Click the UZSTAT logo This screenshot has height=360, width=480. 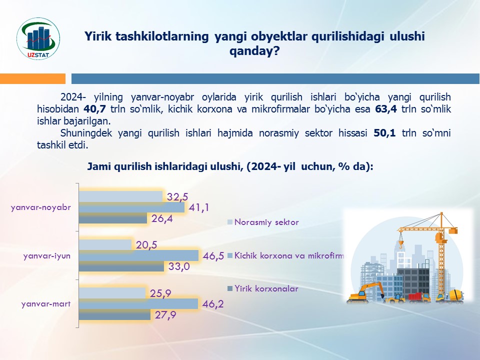click(x=38, y=38)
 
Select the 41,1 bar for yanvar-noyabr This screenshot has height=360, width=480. click(x=131, y=207)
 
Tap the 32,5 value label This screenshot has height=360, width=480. click(x=177, y=197)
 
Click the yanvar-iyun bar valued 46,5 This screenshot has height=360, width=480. click(x=138, y=255)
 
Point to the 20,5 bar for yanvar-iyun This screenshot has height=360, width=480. click(x=105, y=245)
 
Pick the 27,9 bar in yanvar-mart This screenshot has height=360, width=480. click(x=114, y=314)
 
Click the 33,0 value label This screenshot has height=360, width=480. click(x=179, y=266)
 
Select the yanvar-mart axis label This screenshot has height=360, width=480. click(x=46, y=304)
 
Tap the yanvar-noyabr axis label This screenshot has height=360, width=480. click(x=40, y=207)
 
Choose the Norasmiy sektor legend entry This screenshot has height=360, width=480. click(x=263, y=222)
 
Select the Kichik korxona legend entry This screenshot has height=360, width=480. click(x=286, y=255)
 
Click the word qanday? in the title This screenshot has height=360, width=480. click(x=254, y=51)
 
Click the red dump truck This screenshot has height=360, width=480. click(x=419, y=296)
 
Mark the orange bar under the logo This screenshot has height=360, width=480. click(x=33, y=78)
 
